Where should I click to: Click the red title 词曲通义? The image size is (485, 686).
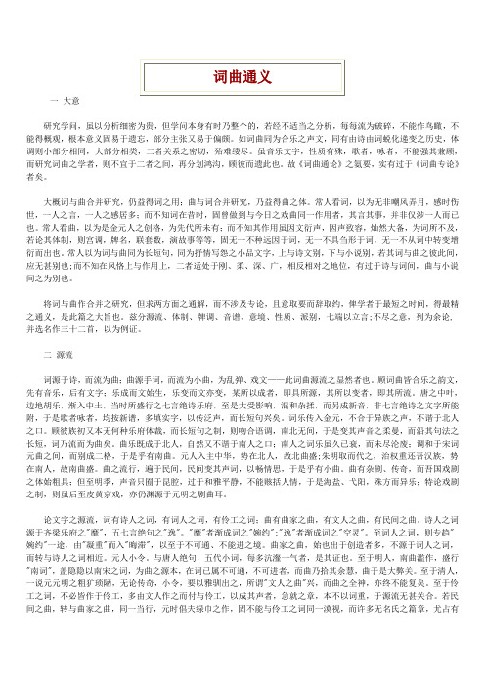tap(242, 75)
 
